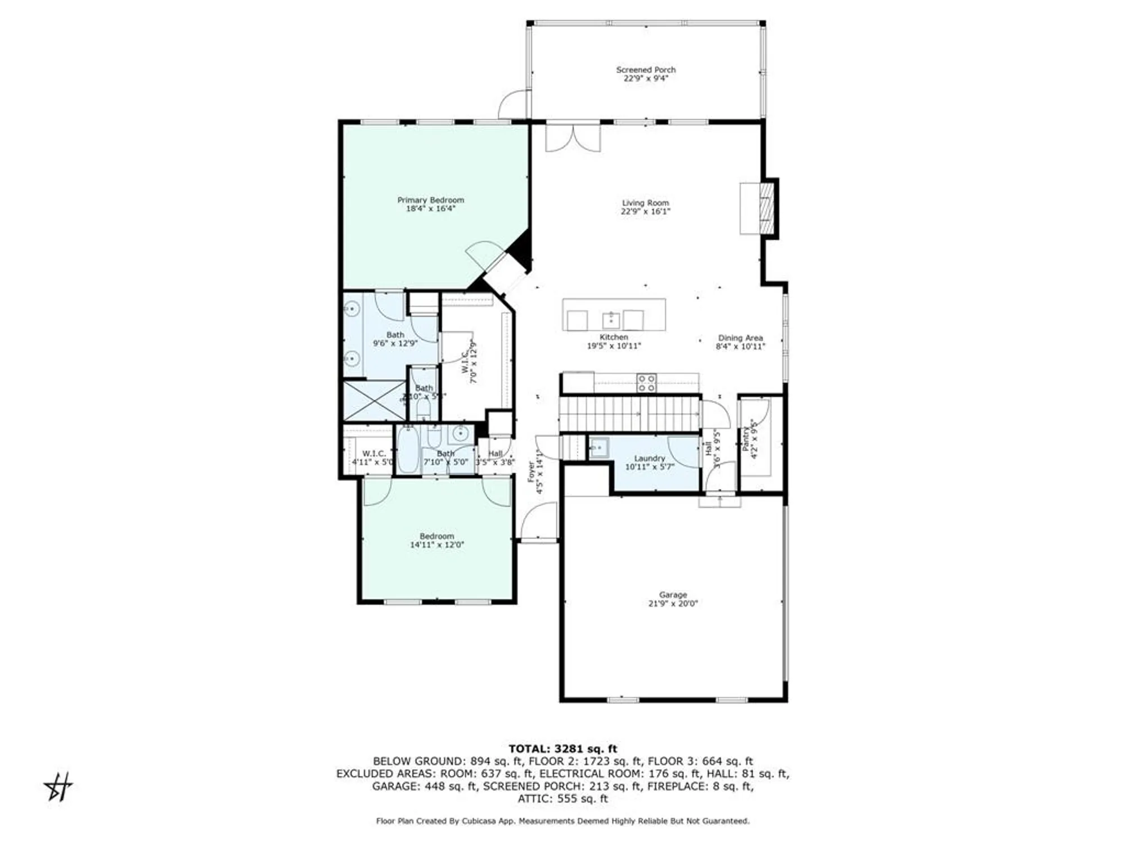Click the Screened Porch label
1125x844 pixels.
click(x=646, y=70)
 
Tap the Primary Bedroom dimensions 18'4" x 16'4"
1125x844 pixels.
click(x=430, y=209)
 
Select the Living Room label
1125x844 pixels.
click(x=645, y=203)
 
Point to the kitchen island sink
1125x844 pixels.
click(x=611, y=320)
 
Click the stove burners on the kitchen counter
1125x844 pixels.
click(x=646, y=383)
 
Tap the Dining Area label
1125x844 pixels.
click(x=740, y=338)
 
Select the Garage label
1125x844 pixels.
click(x=673, y=595)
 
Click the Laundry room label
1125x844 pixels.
click(x=650, y=459)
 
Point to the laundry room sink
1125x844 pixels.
click(x=597, y=448)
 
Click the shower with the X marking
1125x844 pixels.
click(x=374, y=401)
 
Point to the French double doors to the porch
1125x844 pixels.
click(x=573, y=138)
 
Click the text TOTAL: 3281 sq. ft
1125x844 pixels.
click(x=562, y=749)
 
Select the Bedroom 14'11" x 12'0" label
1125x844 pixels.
click(x=436, y=536)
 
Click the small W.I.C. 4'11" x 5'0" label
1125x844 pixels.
click(x=374, y=454)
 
